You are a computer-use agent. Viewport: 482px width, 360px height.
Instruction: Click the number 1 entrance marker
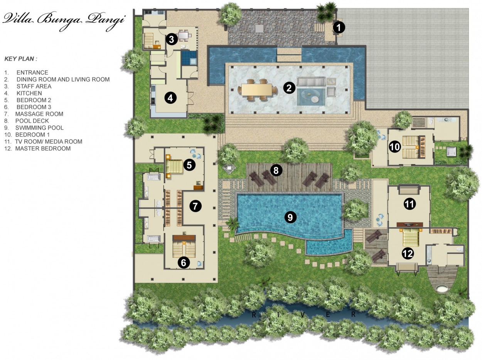point(339,28)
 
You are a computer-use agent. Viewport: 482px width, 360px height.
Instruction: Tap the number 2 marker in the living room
point(289,88)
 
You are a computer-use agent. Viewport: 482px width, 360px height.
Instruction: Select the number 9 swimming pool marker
point(290,217)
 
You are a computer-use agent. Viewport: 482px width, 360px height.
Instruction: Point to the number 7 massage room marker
point(195,206)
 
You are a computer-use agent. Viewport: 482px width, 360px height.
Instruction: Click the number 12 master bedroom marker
point(408,254)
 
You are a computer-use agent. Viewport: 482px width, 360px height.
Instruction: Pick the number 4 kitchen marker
point(170,98)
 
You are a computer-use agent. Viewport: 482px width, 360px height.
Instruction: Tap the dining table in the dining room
point(257,90)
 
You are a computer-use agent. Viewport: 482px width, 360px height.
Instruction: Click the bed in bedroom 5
point(174,167)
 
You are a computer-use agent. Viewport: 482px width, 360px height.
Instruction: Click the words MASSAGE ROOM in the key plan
point(39,114)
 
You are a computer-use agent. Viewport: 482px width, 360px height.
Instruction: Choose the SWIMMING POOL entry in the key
point(40,128)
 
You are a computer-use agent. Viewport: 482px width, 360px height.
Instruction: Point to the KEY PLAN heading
point(21,59)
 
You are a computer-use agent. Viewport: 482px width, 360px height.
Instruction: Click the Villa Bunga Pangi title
point(64,20)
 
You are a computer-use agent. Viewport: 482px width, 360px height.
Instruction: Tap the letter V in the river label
point(303,315)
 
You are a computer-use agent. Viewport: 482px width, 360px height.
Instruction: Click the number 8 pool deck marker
point(276,170)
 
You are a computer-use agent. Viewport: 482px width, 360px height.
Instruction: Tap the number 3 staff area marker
point(172,39)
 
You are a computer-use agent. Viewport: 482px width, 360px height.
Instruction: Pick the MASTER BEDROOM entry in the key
point(43,149)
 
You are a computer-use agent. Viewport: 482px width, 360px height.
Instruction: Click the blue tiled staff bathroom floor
point(189,57)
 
